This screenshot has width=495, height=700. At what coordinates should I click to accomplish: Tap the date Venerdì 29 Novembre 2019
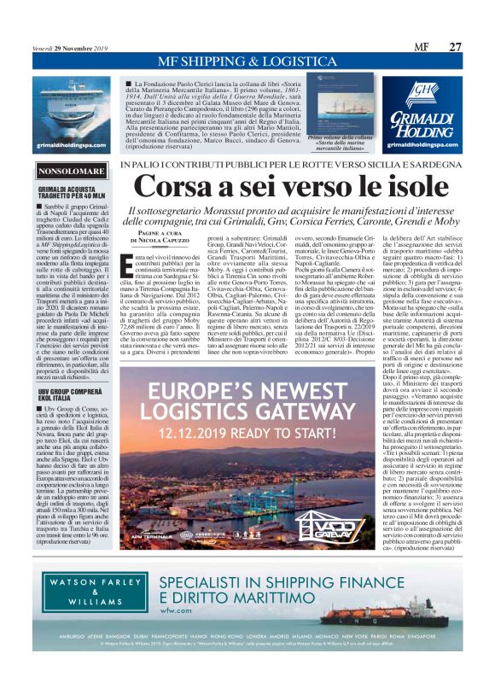(x=67, y=47)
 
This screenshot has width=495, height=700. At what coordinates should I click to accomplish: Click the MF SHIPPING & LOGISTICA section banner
(x=247, y=62)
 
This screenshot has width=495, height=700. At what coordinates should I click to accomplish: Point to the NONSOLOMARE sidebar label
(x=67, y=172)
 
